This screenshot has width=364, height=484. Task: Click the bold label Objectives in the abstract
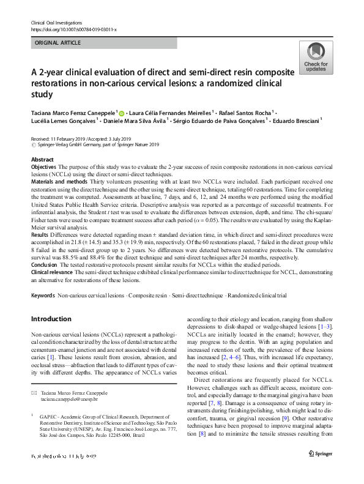coord(46,166)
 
